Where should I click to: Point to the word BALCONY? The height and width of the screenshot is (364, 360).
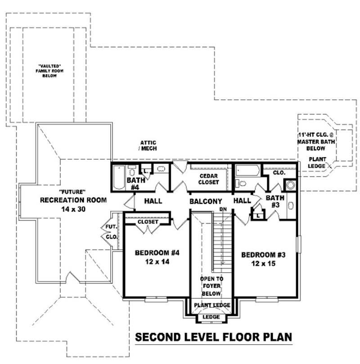point(206,201)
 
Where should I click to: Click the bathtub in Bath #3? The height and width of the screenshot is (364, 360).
point(247,171)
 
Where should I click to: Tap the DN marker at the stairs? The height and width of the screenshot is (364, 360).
point(222,210)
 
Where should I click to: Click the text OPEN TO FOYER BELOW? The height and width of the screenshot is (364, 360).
point(211,286)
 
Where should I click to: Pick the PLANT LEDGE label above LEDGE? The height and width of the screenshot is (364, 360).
point(212,306)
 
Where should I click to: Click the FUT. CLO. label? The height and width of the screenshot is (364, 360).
point(112,232)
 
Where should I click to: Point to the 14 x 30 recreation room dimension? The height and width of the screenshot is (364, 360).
point(73,208)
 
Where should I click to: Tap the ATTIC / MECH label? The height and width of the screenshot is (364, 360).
point(148,146)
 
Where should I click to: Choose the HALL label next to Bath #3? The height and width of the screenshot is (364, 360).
point(242,201)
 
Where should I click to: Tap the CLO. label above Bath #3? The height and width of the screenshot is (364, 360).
point(279,172)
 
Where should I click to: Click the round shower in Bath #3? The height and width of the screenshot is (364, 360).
point(290,184)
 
